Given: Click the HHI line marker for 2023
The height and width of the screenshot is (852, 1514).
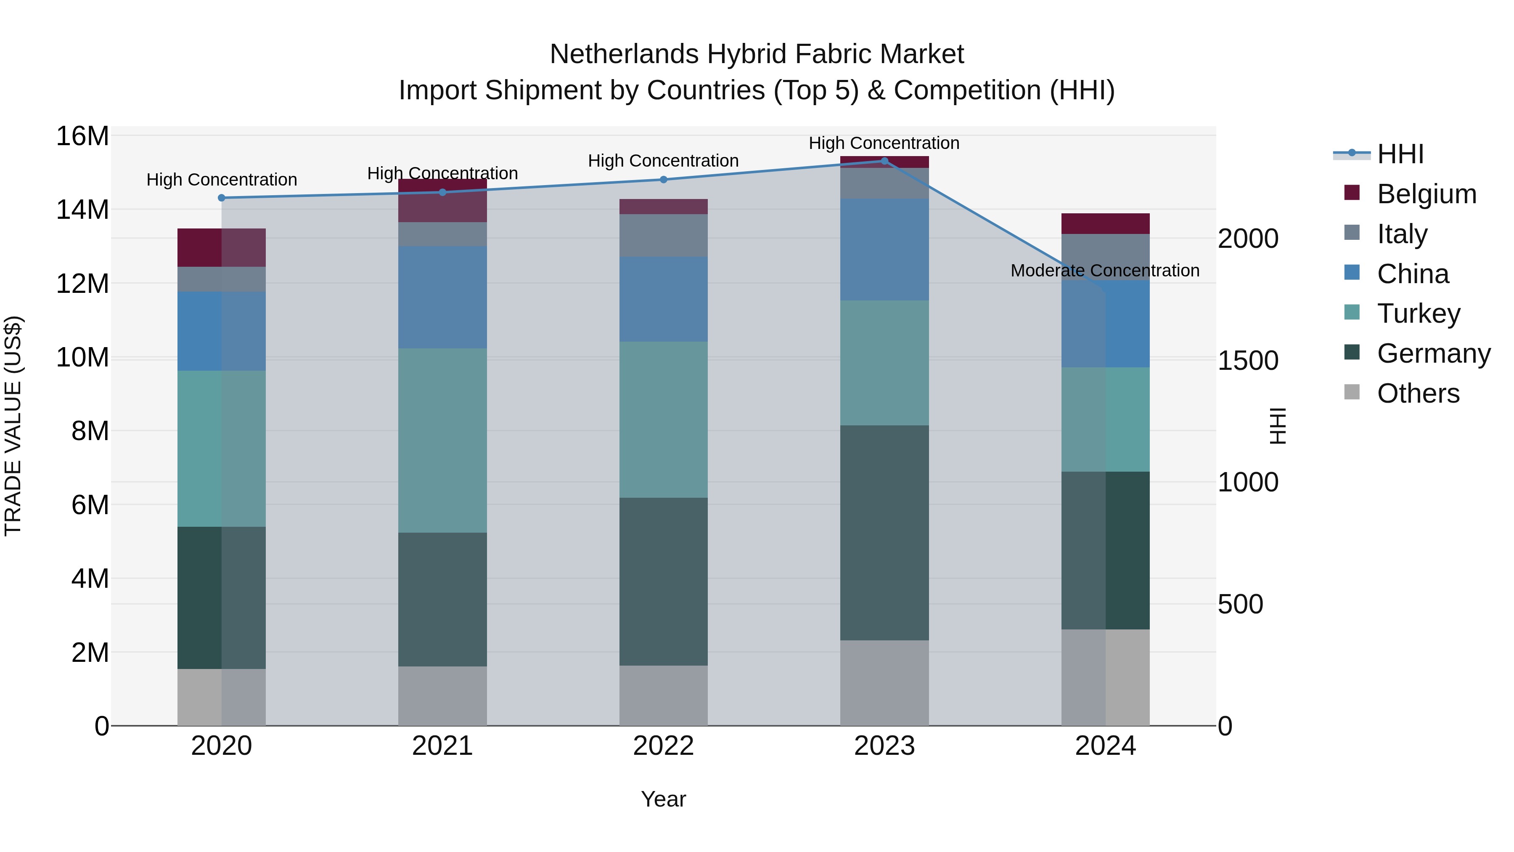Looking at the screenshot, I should [x=884, y=161].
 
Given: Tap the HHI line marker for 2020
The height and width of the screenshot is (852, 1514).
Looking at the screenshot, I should [x=222, y=198].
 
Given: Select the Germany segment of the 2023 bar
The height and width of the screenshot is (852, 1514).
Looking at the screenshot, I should [x=884, y=533].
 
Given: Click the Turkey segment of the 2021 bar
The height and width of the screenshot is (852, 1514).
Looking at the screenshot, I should [x=442, y=441].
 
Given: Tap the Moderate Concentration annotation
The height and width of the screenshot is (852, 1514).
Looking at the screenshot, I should [x=1104, y=271].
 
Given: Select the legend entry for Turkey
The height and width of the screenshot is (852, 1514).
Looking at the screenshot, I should [x=1418, y=313].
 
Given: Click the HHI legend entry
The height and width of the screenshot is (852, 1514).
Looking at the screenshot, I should [x=1400, y=154].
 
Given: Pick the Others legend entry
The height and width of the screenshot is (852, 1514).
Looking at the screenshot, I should [x=1418, y=393].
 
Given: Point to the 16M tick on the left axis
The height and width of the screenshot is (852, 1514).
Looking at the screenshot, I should [x=82, y=136].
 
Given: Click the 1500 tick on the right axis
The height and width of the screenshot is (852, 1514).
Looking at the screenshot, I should [x=1248, y=361].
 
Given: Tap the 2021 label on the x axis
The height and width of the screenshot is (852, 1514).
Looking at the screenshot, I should [x=442, y=746].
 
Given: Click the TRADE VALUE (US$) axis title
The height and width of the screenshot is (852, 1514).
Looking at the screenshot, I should [x=13, y=426].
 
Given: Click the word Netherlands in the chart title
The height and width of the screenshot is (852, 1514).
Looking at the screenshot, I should [x=625, y=54].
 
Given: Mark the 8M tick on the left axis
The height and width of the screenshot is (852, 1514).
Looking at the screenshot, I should [x=90, y=431].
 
